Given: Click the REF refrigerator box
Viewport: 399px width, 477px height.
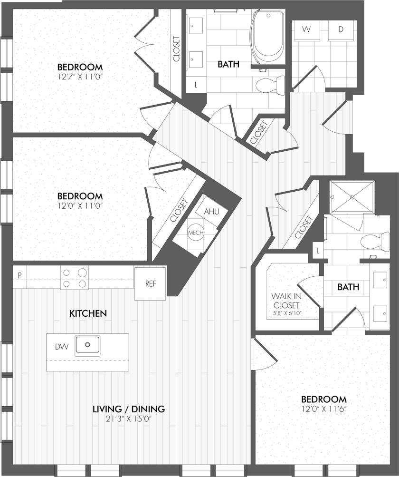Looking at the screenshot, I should point(151,284).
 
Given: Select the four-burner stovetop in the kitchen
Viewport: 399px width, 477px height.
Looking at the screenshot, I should point(75,278).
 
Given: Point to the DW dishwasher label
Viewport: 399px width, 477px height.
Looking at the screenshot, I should point(62,347).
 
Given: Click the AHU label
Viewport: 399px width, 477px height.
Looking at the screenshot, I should point(211,211).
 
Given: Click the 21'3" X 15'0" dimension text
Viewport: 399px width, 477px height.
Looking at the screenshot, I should point(128,419).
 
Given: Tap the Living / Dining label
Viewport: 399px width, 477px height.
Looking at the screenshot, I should point(128,409).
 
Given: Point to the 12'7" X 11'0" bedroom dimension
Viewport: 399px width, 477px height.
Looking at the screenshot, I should point(80,76).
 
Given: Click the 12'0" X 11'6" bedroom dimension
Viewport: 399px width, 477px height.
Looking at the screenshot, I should point(323,409).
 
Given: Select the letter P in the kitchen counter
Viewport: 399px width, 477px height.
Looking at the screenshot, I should point(20,275).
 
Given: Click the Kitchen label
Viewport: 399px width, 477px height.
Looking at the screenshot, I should point(88,313).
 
